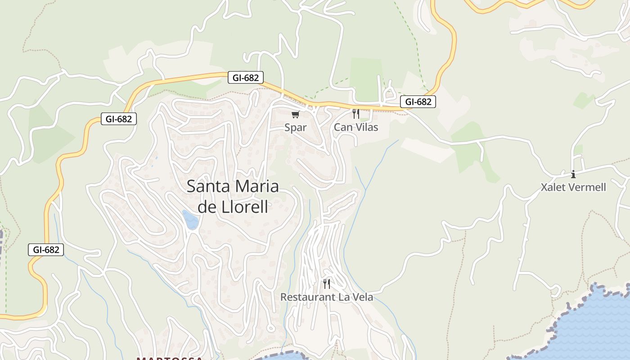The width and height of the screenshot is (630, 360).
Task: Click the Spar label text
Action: pos(296,127)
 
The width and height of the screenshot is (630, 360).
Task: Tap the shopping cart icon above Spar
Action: pos(295,114)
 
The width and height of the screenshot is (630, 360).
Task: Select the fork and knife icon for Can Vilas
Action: pos(355,113)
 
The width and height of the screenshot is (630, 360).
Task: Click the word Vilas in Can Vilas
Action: pos(365,127)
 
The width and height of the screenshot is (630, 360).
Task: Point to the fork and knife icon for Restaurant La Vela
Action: pos(327,283)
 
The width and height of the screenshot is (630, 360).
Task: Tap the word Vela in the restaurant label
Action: pos(362,297)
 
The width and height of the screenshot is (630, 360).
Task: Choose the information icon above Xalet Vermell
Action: pos(573,174)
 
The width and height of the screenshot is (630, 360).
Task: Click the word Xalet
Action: pos(553,187)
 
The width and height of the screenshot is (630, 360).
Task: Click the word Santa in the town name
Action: pos(207,186)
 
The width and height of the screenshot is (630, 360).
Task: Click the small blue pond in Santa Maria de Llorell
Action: pos(190,220)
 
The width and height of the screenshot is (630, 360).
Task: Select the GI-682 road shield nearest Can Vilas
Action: pos(418,102)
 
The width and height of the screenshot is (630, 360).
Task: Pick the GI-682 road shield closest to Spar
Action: pos(245,77)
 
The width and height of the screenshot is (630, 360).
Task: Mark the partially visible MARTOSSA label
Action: pos(169,358)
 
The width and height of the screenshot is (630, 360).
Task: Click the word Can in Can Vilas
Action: pos(342,127)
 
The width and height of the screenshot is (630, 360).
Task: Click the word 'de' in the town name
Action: pos(207,207)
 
